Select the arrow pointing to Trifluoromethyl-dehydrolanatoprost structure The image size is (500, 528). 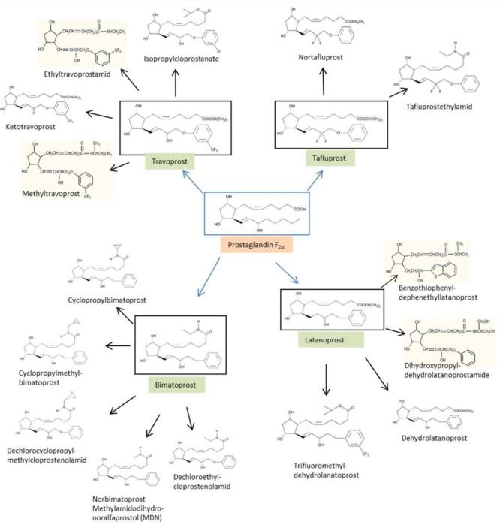(x=326, y=382)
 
